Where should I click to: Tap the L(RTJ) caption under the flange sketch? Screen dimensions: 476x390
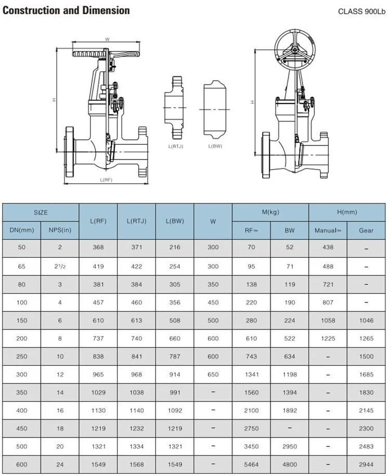coord(176,147)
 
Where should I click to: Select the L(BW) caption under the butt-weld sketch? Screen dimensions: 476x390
coord(215,147)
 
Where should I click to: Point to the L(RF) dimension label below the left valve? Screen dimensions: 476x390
coord(106,179)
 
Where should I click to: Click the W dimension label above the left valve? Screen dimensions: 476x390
coord(107,39)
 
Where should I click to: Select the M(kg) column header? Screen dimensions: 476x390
coord(270,213)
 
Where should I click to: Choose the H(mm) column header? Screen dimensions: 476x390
coord(347,213)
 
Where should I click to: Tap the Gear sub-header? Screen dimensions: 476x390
coord(366,230)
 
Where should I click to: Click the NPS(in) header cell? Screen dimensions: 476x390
coord(60,230)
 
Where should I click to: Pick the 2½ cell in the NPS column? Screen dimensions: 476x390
coord(60,267)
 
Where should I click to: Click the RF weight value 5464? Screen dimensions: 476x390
coord(252,465)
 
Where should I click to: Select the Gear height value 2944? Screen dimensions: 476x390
coord(366,465)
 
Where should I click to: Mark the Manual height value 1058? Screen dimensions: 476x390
coord(328,321)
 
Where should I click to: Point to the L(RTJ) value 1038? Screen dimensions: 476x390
coord(137,393)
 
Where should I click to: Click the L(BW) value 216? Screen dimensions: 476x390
coord(175,248)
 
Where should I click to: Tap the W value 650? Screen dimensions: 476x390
coord(213,375)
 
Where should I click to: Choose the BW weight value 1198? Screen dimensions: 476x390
coord(290,375)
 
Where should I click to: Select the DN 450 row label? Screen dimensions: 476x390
coord(21,429)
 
